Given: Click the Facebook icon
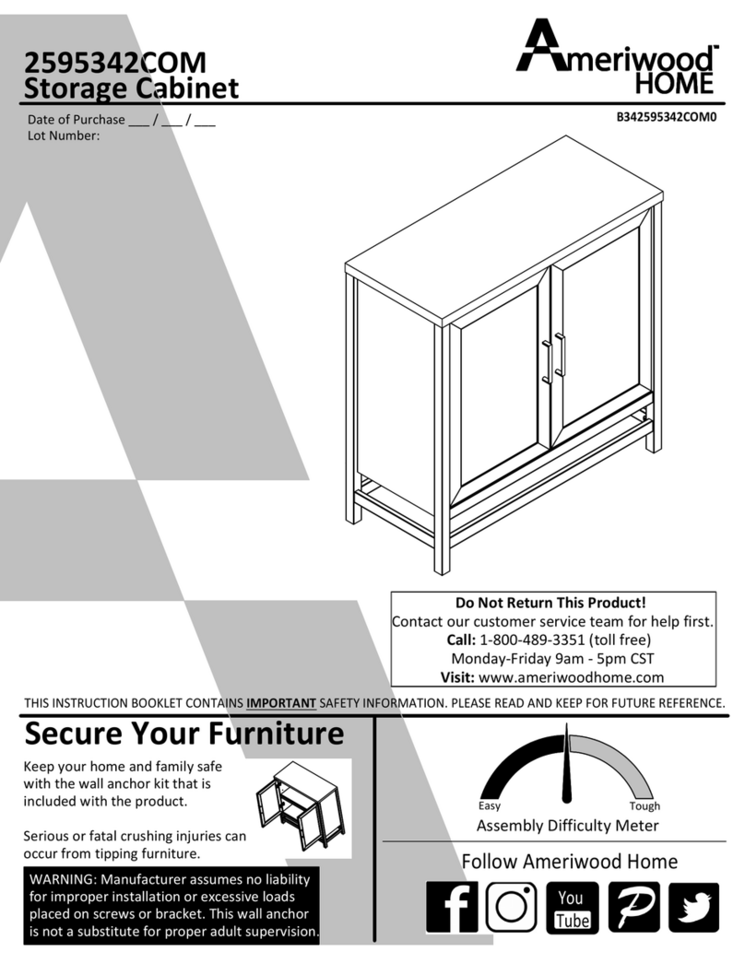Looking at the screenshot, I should point(452,908).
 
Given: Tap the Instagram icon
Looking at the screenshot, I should point(511,908).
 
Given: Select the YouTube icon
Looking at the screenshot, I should point(572,908).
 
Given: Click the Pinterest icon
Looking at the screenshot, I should point(633,908).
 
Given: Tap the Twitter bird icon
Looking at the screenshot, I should point(693,908).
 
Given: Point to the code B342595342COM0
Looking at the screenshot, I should point(667,118).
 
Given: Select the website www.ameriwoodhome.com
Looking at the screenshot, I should point(572,676).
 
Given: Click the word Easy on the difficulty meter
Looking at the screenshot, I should point(490,806).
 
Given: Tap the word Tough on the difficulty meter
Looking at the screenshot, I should point(644,806).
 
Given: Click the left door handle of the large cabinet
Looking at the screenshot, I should point(547,360).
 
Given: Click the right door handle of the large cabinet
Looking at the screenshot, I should point(561,355).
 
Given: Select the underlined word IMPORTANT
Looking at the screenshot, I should point(281,703).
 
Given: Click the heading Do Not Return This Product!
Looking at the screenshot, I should point(554,603).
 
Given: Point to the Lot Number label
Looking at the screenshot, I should point(64,135).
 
